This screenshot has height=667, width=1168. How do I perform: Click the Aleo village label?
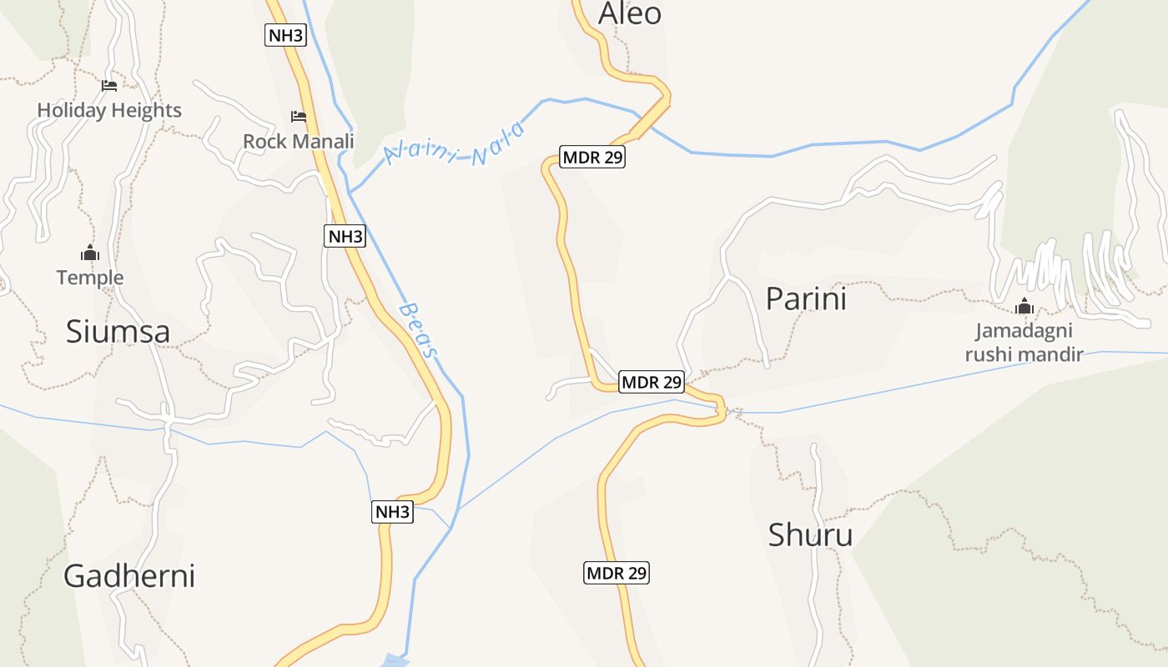(630, 13)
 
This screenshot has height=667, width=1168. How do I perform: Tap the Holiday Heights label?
(109, 110)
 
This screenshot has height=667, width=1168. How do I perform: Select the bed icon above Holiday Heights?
(109, 85)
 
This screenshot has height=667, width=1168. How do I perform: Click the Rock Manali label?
(299, 141)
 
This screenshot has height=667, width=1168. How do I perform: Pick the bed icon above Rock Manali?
(298, 116)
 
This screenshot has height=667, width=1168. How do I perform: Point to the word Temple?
(90, 278)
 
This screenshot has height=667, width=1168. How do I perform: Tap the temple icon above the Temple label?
(90, 253)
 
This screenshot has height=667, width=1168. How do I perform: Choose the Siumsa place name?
(118, 332)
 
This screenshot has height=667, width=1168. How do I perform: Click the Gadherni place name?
(129, 576)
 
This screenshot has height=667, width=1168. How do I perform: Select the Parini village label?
(806, 298)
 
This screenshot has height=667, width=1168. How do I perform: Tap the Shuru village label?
(810, 534)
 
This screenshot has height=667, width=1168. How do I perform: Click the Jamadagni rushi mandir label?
(1024, 343)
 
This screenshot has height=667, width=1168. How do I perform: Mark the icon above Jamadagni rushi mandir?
(1025, 306)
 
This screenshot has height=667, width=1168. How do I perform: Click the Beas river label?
(419, 330)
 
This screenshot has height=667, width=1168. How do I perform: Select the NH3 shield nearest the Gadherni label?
(392, 512)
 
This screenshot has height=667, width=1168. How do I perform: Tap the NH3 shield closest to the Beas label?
(345, 236)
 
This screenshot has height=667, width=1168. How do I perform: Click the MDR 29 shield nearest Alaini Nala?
(592, 157)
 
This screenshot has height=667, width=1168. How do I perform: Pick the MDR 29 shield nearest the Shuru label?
(616, 573)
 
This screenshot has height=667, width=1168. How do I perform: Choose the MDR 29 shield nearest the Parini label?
(652, 383)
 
